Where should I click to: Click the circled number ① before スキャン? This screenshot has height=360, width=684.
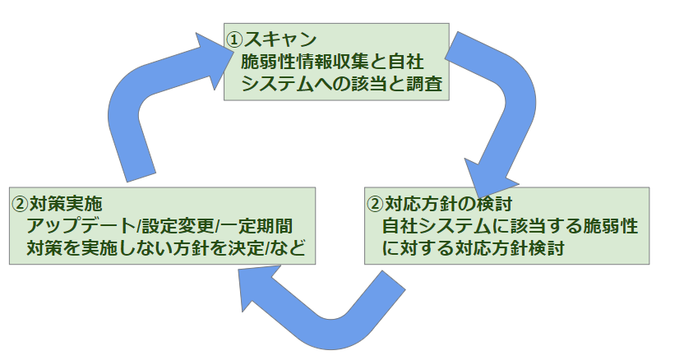(235, 39)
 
